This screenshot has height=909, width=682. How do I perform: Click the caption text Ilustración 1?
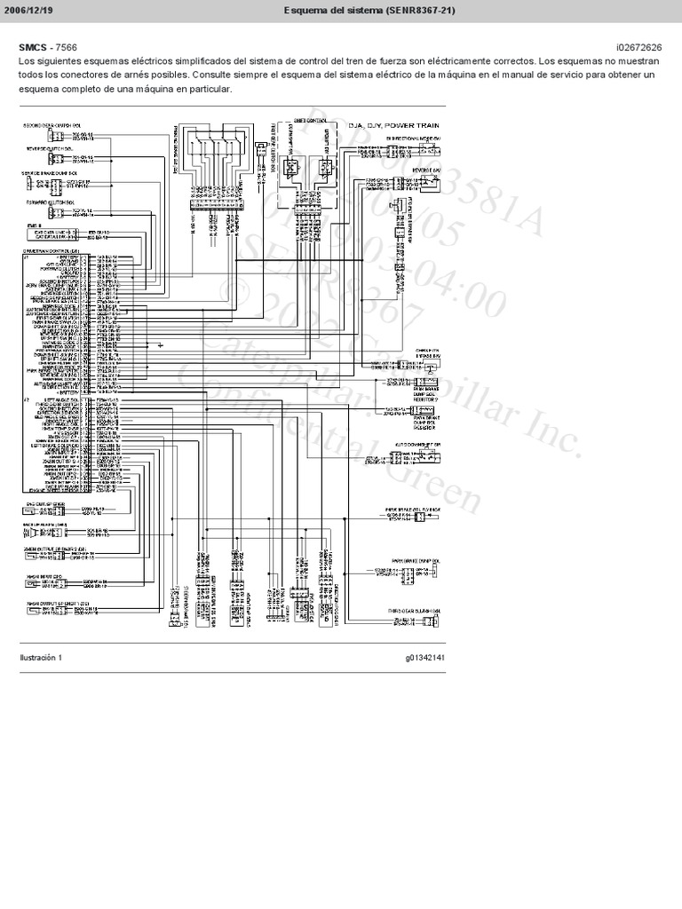(40, 658)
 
